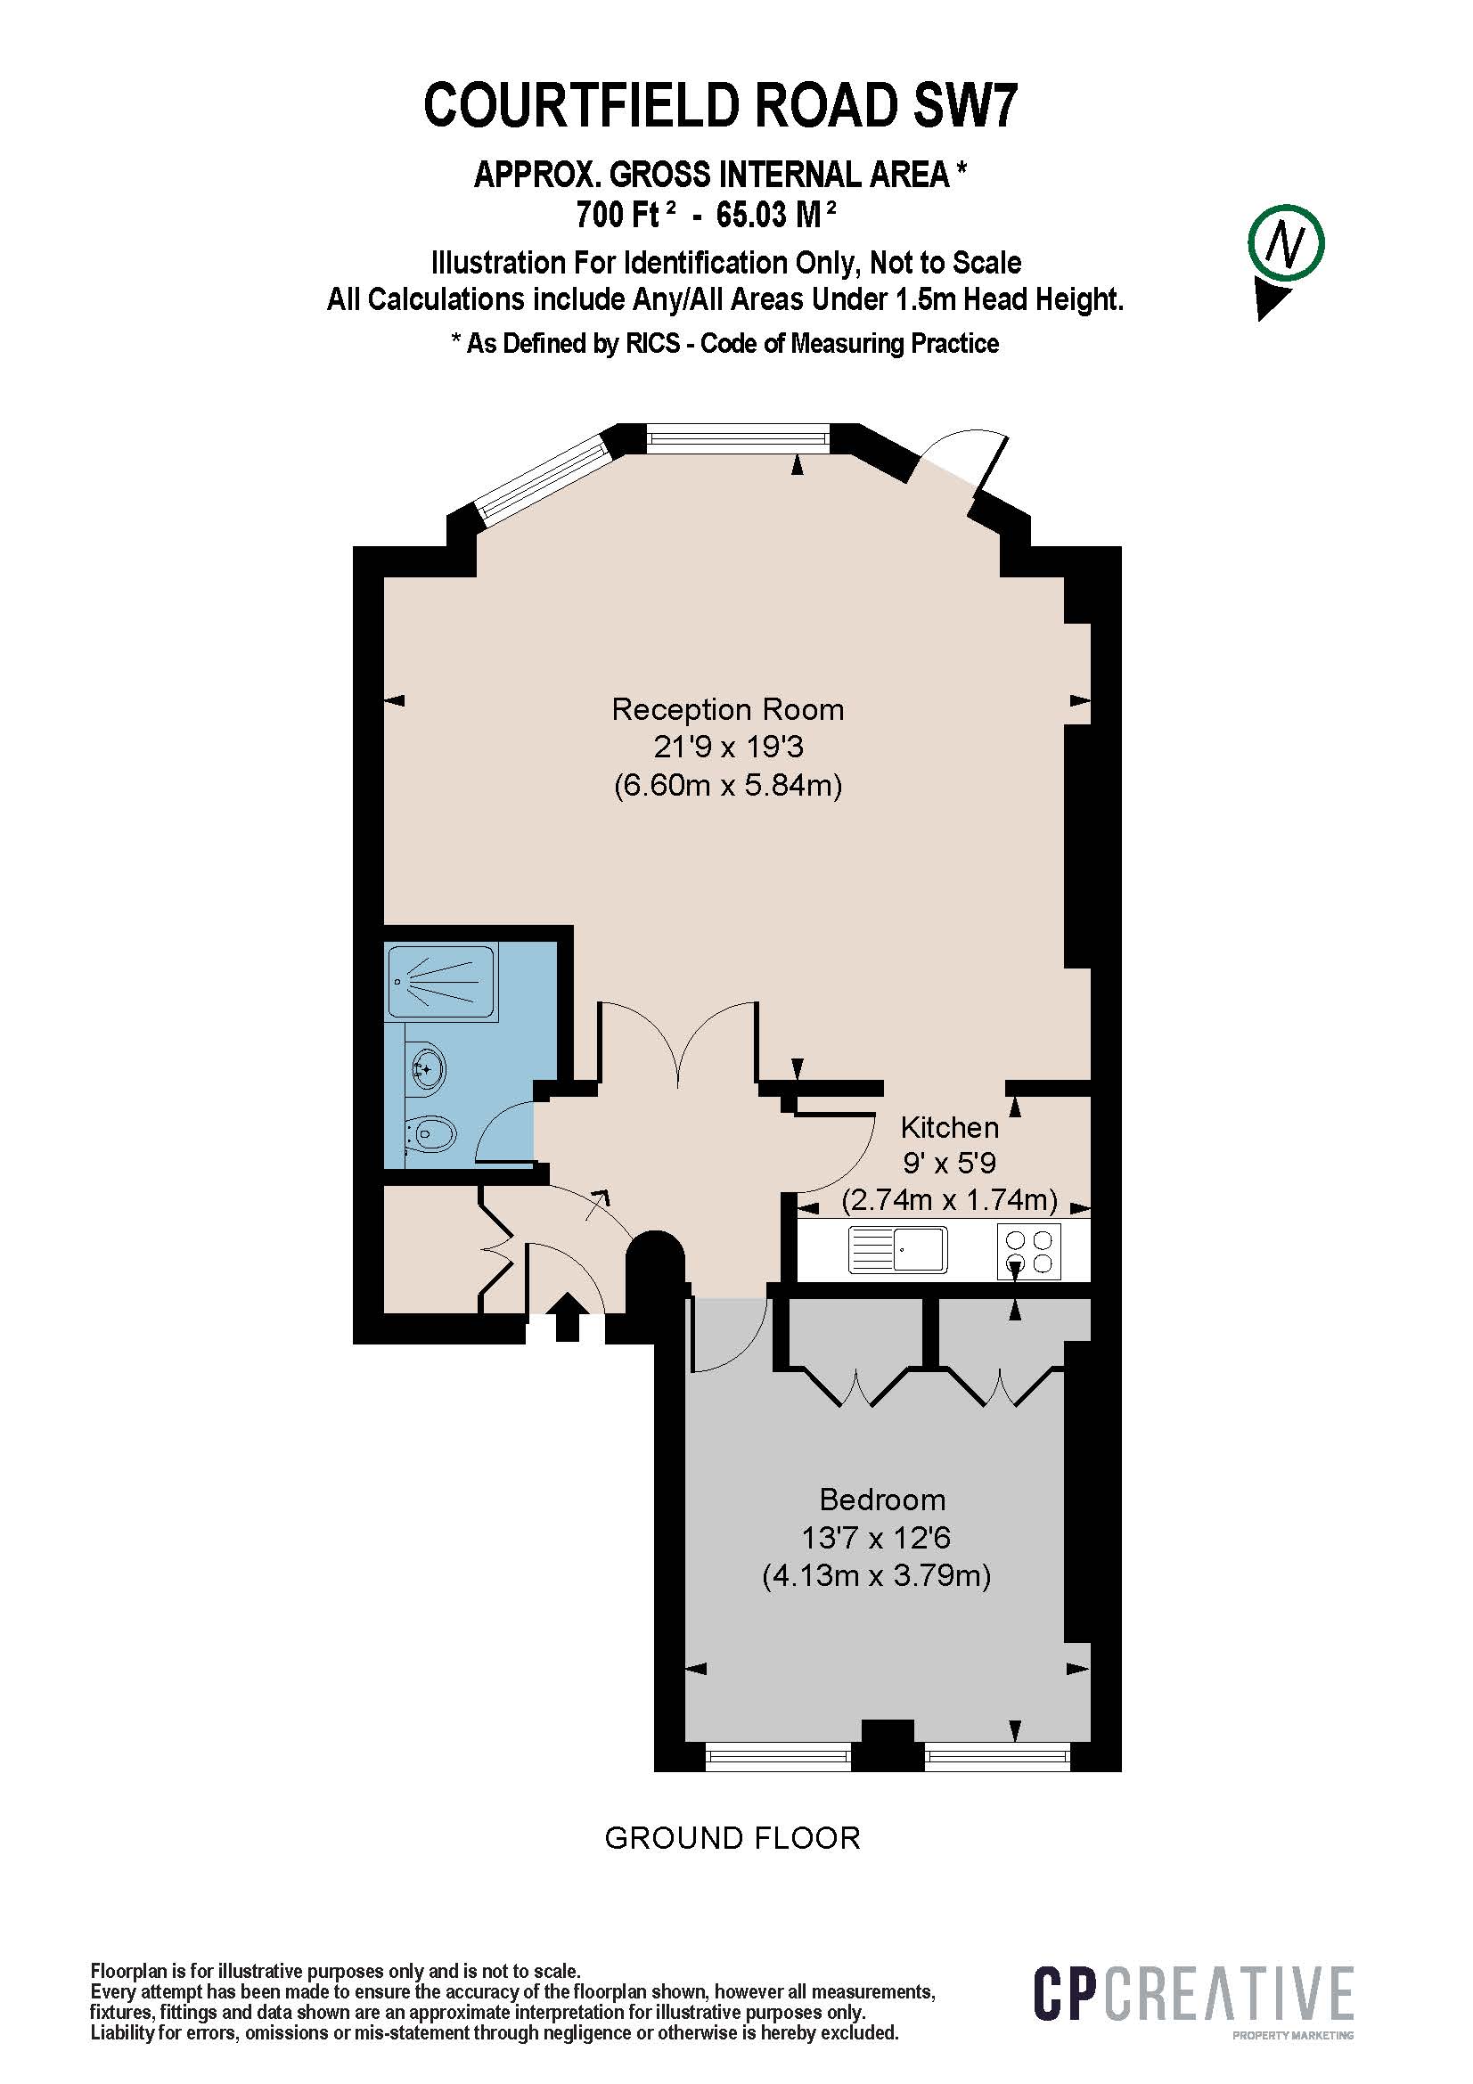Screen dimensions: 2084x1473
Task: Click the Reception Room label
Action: tap(727, 710)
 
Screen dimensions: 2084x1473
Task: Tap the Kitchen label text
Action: tap(949, 1127)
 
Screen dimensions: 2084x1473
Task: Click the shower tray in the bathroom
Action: tap(441, 982)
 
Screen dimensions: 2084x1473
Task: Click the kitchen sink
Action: tap(897, 1250)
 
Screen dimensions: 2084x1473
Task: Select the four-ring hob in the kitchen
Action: tap(1029, 1251)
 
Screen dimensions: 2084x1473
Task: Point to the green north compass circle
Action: tap(1285, 242)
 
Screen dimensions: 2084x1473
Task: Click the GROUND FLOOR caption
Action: tap(732, 1838)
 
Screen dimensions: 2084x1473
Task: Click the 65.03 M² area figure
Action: tap(776, 214)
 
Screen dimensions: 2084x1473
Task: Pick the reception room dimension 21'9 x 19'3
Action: tap(728, 747)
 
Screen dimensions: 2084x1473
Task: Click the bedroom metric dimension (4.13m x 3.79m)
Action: tap(876, 1574)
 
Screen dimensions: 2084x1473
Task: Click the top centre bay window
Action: tap(737, 440)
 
